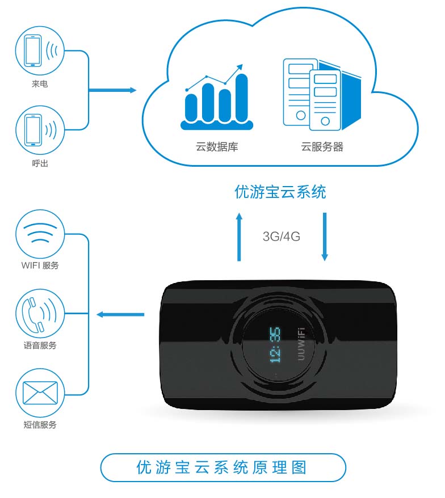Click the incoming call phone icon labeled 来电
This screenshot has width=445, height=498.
(39, 52)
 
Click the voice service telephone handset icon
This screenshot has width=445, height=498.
(39, 313)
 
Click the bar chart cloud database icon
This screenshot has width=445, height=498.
(217, 100)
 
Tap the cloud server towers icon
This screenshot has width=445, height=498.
(321, 93)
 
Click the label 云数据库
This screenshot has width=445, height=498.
(217, 147)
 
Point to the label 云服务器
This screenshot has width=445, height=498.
(322, 147)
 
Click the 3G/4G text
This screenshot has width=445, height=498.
(282, 237)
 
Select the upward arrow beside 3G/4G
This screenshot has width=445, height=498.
(239, 237)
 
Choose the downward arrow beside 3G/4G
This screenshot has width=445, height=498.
(325, 237)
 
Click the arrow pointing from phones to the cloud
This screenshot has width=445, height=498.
(114, 90)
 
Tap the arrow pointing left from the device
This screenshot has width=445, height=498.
(120, 314)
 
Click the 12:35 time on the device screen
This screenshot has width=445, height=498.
(275, 344)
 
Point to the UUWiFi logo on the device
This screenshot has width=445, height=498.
(301, 344)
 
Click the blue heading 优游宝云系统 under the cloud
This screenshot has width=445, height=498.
(280, 192)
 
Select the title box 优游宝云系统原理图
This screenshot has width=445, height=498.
(222, 467)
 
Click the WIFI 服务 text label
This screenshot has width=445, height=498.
(39, 265)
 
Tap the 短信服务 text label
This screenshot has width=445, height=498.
(39, 425)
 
